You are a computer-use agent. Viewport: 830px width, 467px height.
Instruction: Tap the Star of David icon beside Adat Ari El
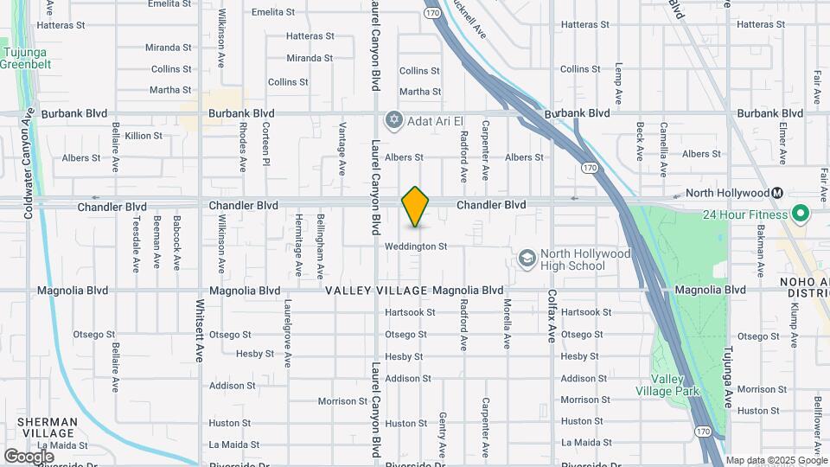pyautogui.click(x=395, y=118)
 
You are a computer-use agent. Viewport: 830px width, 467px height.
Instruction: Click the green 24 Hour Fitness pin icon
pyautogui.click(x=800, y=214)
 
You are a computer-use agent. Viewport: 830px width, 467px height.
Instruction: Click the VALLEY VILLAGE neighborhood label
pyautogui.click(x=376, y=291)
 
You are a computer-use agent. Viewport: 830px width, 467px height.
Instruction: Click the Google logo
pyautogui.click(x=29, y=456)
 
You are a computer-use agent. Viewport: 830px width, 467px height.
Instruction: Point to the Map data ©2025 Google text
pyautogui.click(x=776, y=460)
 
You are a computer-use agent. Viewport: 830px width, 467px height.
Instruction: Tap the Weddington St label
pyautogui.click(x=416, y=246)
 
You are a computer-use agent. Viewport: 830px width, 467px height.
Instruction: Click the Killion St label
pyautogui.click(x=144, y=136)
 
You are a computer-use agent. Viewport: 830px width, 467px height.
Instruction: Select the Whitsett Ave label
pyautogui.click(x=199, y=330)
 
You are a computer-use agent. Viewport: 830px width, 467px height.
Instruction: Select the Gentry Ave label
pyautogui.click(x=442, y=435)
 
